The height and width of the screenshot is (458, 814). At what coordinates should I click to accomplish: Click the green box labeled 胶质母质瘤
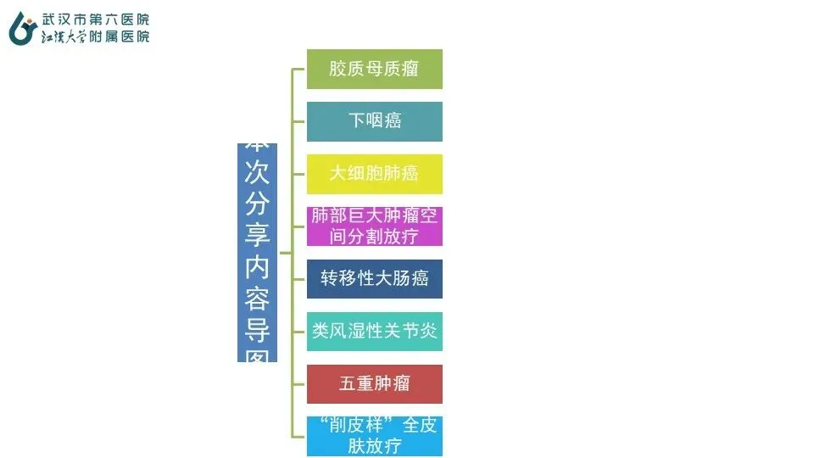374,69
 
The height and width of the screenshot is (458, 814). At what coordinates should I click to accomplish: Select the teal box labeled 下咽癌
374,121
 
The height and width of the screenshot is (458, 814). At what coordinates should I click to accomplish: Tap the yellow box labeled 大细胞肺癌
374,174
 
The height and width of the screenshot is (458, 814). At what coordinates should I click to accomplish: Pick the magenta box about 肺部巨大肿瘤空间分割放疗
374,226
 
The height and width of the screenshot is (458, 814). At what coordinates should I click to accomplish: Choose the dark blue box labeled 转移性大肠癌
374,279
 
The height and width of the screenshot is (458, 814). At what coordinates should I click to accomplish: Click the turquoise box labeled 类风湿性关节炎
374,331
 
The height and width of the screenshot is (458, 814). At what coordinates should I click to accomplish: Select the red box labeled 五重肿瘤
374,383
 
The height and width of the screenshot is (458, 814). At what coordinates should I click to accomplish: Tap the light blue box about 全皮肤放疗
374,436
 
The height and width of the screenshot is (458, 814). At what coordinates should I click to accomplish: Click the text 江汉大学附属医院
96,36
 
